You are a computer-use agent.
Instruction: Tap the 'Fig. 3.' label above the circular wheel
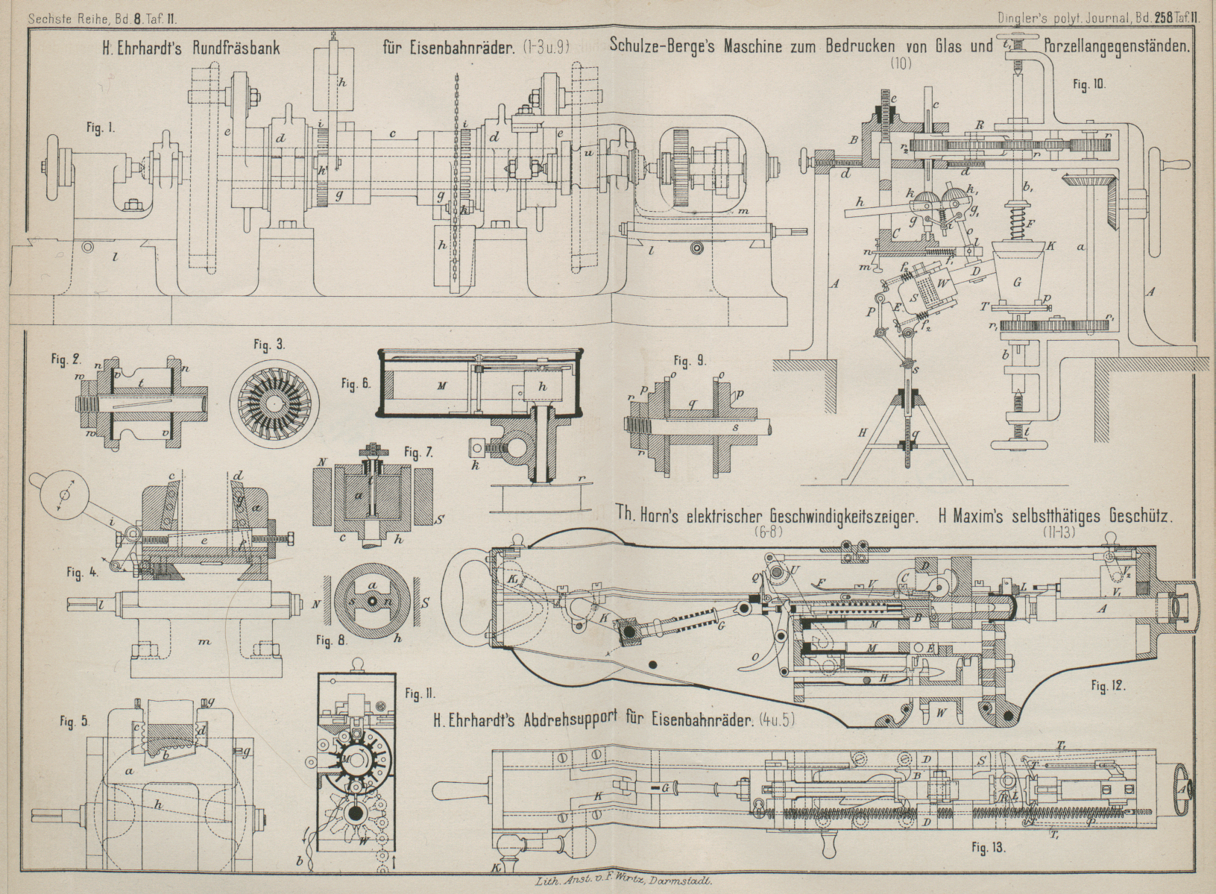tap(269, 344)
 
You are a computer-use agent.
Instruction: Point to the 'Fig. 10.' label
tap(1089, 84)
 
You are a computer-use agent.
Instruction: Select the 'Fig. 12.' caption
tap(1106, 684)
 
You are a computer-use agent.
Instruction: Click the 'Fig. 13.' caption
tap(989, 848)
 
